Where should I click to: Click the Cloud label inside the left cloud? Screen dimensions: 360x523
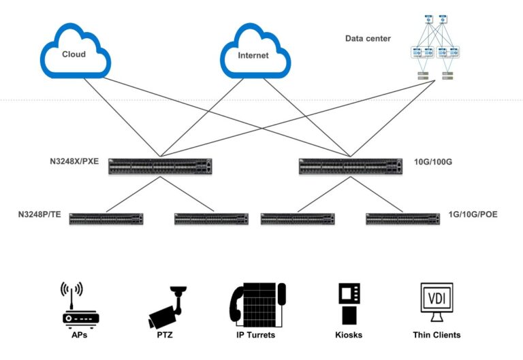pyautogui.click(x=74, y=54)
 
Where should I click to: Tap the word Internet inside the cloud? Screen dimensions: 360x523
pyautogui.click(x=253, y=55)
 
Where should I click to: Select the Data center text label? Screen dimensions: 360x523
pyautogui.click(x=368, y=39)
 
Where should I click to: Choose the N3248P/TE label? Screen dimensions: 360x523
pyautogui.click(x=39, y=214)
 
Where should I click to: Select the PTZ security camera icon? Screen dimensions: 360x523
pyautogui.click(x=167, y=306)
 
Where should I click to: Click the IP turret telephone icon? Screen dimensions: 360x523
pyautogui.click(x=257, y=305)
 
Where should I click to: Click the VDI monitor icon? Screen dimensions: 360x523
pyautogui.click(x=437, y=304)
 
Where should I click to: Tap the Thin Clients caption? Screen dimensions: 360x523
pyautogui.click(x=437, y=335)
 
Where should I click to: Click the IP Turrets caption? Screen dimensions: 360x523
pyautogui.click(x=257, y=335)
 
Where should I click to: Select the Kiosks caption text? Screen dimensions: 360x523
pyautogui.click(x=349, y=335)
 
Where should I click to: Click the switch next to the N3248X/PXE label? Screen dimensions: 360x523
pyautogui.click(x=161, y=165)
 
